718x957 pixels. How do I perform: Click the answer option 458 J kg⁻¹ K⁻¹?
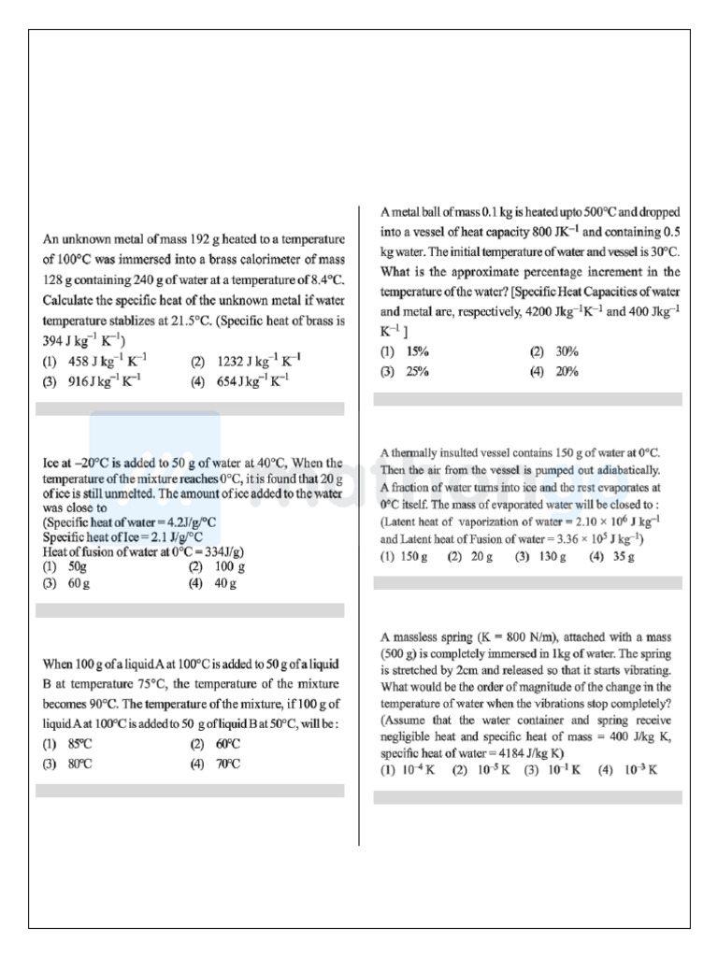coord(107,360)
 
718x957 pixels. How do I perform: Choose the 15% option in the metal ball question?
coord(417,351)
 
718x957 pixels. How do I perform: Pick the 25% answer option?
coord(417,371)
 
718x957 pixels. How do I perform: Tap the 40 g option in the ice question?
coord(225,583)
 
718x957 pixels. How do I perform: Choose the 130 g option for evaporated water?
coord(551,556)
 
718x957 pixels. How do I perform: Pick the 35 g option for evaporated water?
coord(624,556)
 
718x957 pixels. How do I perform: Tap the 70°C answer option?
coord(228,764)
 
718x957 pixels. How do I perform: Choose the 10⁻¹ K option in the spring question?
coord(563,770)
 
